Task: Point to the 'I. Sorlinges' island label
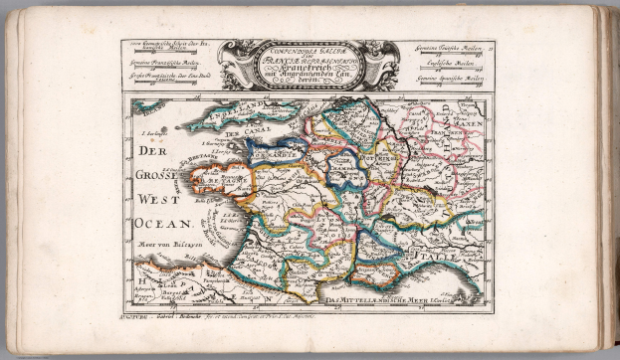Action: tap(153, 130)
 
